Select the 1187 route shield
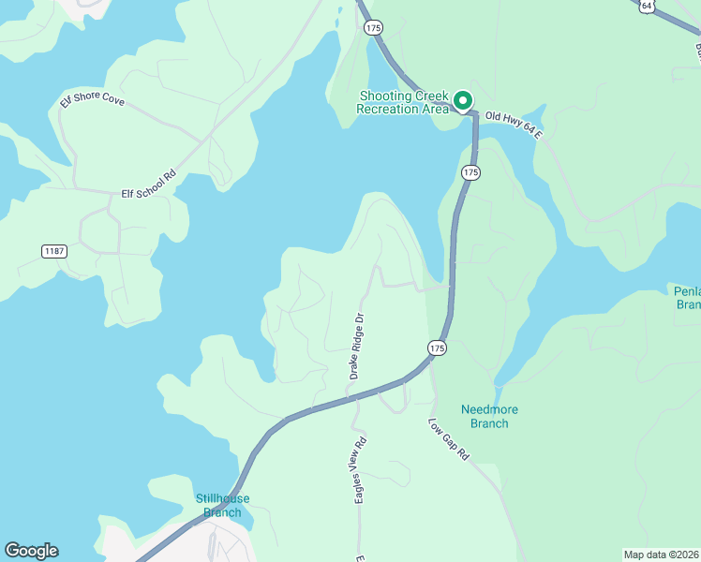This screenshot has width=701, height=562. point(55,251)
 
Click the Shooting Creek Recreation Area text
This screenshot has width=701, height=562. point(403,102)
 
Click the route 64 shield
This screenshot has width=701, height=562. point(647,6)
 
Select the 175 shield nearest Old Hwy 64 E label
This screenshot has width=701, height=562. point(470,173)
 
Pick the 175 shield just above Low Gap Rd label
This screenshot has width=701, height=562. point(437,348)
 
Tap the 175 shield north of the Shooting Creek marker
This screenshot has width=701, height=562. point(374,28)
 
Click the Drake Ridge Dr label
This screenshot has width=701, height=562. point(356,346)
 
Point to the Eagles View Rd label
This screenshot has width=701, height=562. point(360,469)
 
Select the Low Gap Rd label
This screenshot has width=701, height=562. point(449,439)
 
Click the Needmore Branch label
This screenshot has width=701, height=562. point(489,417)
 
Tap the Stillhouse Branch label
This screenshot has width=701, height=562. point(218,506)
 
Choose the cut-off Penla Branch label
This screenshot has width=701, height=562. point(687,297)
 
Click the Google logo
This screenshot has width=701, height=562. point(31,551)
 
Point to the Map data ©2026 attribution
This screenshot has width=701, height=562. point(661,555)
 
